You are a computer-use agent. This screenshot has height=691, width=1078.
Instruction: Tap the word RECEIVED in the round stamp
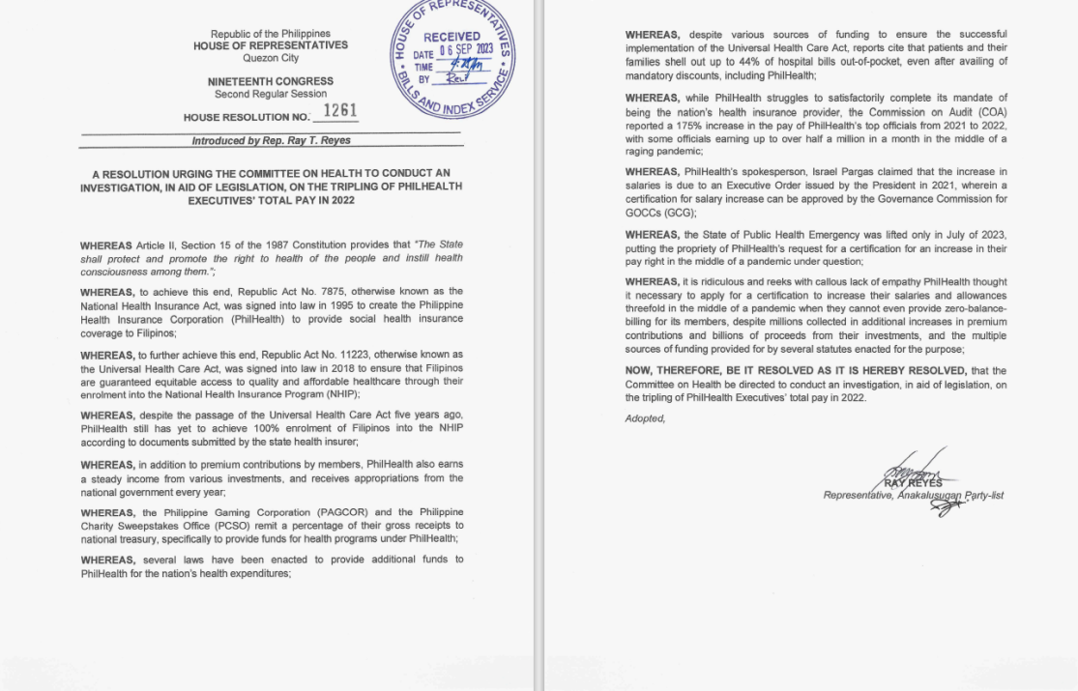452,37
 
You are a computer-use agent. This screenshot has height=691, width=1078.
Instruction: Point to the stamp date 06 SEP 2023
467,50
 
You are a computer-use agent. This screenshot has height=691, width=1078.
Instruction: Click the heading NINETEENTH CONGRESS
271,82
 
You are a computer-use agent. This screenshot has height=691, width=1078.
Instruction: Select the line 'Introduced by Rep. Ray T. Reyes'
271,141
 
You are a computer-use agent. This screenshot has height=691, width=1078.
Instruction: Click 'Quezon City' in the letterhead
271,58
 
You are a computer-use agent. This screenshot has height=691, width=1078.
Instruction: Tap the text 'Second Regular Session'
271,95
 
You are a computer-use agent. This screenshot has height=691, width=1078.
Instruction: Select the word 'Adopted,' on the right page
646,418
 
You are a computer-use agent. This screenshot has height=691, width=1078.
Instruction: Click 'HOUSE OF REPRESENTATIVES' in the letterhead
271,45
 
